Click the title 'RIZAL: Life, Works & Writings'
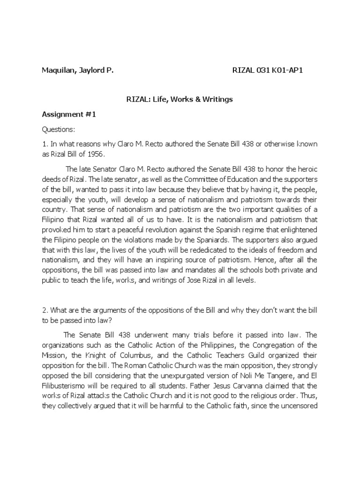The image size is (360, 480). [180, 99]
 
